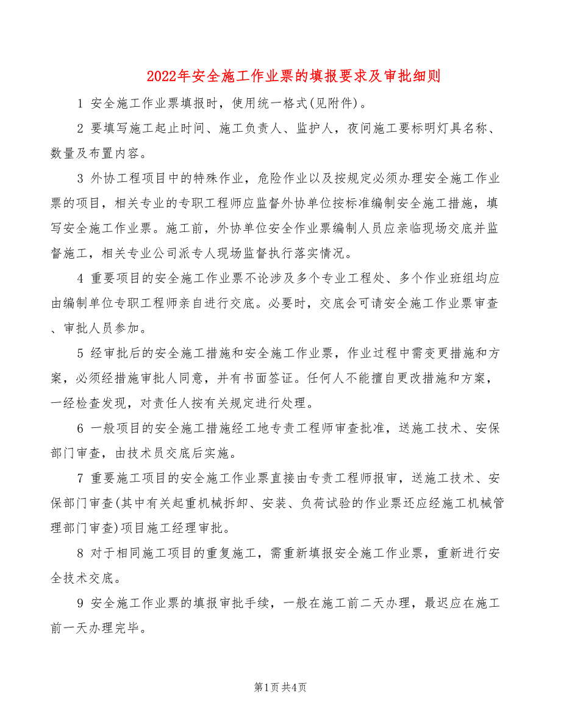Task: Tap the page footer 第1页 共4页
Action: [280, 687]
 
